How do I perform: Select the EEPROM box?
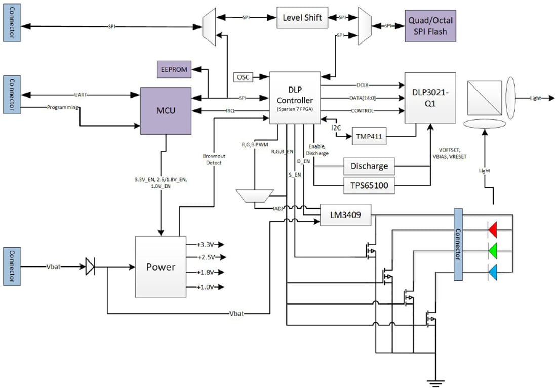pos(174,69)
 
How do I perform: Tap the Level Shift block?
pos(302,18)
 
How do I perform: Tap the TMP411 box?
pos(372,136)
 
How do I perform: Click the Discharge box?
pos(369,166)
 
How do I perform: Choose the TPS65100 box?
pos(369,185)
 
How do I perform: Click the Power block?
pos(161,267)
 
